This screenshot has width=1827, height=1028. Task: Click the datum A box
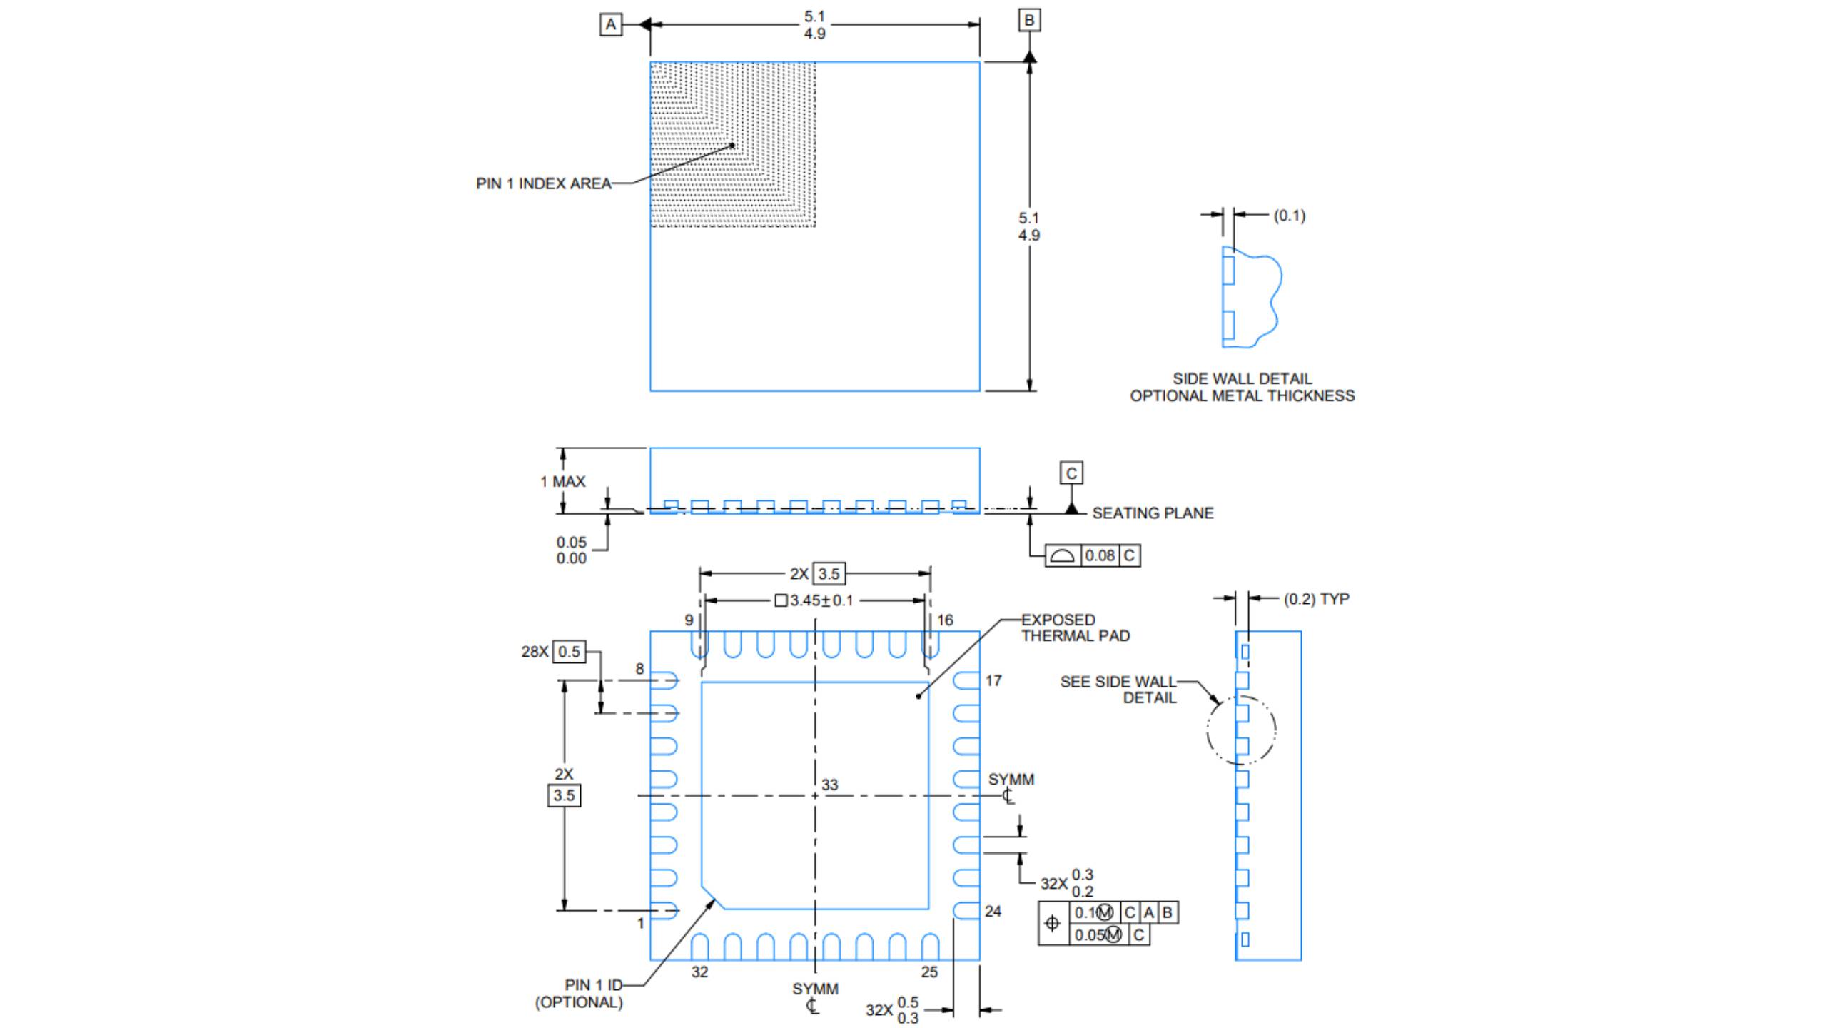coord(611,25)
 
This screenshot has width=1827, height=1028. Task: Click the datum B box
coord(1029,20)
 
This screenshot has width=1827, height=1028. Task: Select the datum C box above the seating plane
coord(1071,473)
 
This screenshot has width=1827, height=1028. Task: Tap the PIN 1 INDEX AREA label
coord(544,184)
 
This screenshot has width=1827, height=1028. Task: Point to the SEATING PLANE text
coord(1153,513)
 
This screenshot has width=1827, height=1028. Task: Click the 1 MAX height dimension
coord(562,482)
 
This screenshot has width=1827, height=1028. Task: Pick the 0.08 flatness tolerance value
coord(1100,555)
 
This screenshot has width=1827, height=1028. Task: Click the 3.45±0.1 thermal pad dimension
coord(814,601)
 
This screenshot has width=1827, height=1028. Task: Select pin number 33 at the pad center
coord(829,785)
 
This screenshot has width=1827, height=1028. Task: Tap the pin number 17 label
coord(993,681)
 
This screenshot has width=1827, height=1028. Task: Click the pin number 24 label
coord(993,912)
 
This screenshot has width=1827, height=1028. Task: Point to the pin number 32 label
coord(699,972)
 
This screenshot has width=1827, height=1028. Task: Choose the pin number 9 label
coord(689,620)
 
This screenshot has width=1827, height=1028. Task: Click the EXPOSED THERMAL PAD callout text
coord(1075,628)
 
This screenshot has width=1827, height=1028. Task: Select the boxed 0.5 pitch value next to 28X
coord(569,652)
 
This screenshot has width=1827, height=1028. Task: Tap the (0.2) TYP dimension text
coord(1316,600)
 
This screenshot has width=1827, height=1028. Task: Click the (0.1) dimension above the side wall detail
coord(1289,216)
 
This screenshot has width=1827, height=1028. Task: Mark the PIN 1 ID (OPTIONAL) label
coord(579,994)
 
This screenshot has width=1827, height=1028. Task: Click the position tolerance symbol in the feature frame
coord(1053,924)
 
